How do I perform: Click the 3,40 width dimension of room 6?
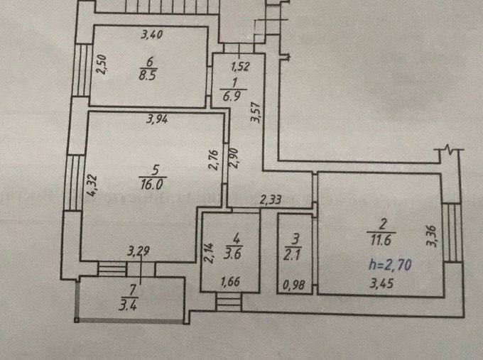tap(151, 34)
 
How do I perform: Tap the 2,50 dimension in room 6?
tap(102, 65)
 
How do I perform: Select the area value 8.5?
tap(148, 75)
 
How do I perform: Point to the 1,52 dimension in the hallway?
tap(240, 67)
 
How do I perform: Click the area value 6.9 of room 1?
tap(233, 95)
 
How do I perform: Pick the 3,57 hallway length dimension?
tap(256, 112)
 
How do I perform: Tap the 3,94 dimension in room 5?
tap(157, 119)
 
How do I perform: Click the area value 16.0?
tap(153, 185)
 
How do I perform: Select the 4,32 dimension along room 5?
tap(92, 185)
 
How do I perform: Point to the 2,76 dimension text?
tap(214, 160)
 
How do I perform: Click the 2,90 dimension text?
tap(234, 158)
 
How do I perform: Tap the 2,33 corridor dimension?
tap(270, 200)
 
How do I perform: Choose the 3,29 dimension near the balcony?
tap(139, 251)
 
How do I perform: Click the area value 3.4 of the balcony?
tap(128, 306)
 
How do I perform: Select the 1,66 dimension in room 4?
tap(230, 281)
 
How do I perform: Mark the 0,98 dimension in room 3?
tap(294, 285)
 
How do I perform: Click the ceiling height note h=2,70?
tap(390, 265)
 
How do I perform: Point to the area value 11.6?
tap(381, 240)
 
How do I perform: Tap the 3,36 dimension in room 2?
tap(431, 236)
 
